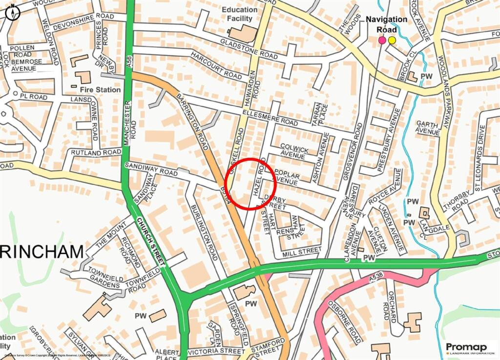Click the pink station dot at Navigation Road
pyautogui.click(x=382, y=40)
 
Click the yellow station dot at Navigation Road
pyautogui.click(x=392, y=40)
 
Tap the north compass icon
pyautogui.click(x=12, y=11)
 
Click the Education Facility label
pyautogui.click(x=239, y=14)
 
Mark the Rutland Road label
pyautogui.click(x=96, y=153)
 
